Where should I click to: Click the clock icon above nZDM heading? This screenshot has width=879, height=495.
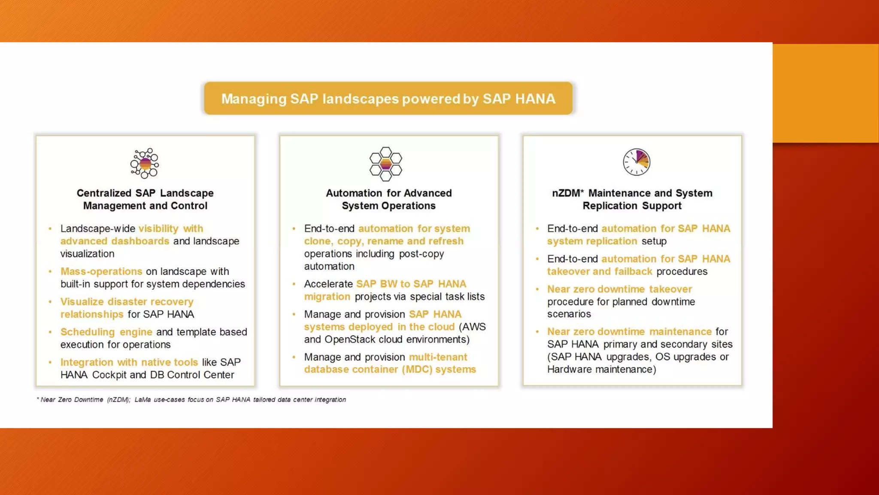[637, 162]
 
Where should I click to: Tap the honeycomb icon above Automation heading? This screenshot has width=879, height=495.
[385, 164]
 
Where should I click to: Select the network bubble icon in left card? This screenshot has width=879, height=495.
[145, 163]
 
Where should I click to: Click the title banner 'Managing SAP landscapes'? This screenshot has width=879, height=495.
[388, 98]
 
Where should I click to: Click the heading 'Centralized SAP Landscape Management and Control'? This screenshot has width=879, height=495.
[145, 199]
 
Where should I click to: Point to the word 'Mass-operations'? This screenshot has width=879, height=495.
[101, 272]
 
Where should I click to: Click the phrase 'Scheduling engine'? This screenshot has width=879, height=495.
[106, 332]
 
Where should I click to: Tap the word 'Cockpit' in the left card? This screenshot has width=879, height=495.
[109, 375]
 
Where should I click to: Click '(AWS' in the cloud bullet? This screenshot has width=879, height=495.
[472, 327]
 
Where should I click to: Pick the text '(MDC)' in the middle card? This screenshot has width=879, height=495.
[417, 370]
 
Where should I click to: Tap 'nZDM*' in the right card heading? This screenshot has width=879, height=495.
[567, 193]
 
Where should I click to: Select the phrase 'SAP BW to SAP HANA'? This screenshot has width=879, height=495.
[411, 284]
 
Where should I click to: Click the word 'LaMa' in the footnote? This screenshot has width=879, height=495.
[142, 400]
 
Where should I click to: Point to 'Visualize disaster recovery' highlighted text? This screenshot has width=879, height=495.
[127, 302]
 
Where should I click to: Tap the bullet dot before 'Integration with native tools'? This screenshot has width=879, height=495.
[50, 362]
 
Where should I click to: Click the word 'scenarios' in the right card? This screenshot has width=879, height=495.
[569, 314]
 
